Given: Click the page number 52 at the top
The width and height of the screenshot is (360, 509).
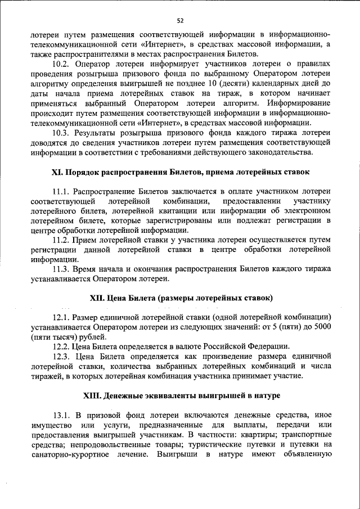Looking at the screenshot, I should [180, 21].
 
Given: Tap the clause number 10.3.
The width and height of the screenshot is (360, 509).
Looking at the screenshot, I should [61, 133].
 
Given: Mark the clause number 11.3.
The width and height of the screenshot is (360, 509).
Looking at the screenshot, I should [61, 269].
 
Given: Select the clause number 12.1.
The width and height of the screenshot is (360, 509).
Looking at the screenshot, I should [61, 317].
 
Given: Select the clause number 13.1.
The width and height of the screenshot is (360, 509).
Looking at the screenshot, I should [61, 416].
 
